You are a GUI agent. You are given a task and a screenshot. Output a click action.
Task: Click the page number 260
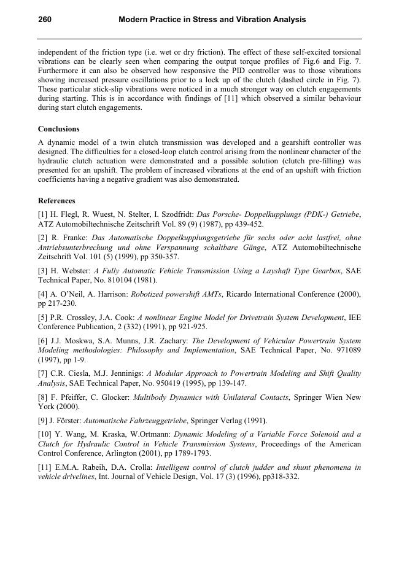pos(45,20)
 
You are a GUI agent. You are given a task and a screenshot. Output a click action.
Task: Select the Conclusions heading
pos(59,129)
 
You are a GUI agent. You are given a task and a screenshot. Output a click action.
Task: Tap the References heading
pos(56,201)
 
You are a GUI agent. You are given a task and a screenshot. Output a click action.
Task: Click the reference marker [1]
pos(43,214)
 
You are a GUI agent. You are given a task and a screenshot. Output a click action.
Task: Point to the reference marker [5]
pos(43,318)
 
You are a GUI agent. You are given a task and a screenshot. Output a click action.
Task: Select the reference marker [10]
pos(45,434)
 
